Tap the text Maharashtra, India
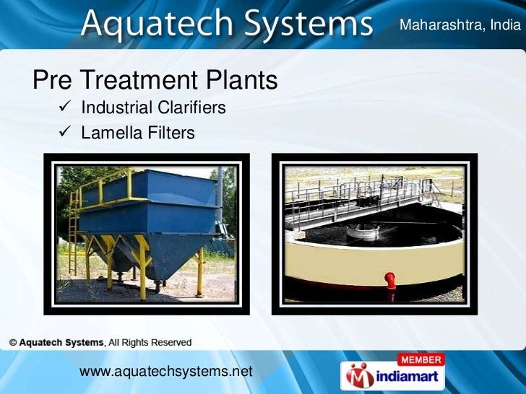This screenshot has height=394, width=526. tap(460, 25)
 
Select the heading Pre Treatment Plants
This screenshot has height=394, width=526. tap(155, 80)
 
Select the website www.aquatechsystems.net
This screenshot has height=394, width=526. tap(165, 371)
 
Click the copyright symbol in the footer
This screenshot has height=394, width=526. tap(13, 342)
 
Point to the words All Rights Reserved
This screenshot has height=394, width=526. tap(149, 342)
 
